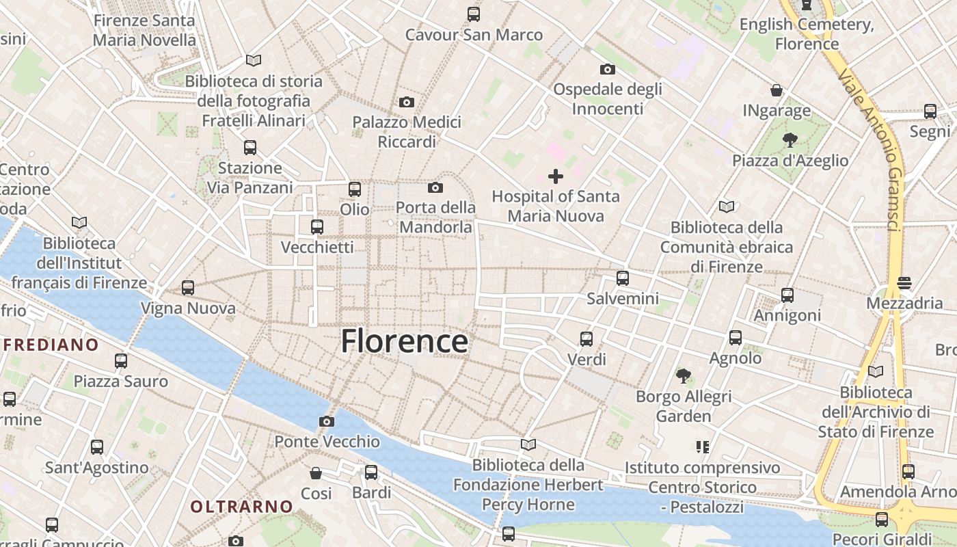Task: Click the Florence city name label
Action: (404, 341)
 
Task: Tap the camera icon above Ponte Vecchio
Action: (327, 421)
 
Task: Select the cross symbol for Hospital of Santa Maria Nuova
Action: (556, 176)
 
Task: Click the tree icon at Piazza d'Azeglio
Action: (790, 141)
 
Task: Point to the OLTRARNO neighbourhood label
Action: (241, 507)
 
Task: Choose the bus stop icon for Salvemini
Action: (622, 278)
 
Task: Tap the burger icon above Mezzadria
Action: (904, 282)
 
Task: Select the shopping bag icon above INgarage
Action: (777, 90)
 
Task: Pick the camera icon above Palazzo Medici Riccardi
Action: (407, 103)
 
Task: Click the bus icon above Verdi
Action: (586, 338)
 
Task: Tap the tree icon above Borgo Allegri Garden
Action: (683, 375)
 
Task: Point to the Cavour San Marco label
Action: (474, 34)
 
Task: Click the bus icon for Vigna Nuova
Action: (188, 288)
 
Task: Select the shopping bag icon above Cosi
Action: (316, 473)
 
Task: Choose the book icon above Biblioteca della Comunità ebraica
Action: (726, 206)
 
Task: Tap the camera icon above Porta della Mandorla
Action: (435, 187)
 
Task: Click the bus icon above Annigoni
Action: (787, 295)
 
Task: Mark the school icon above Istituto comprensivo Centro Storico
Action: (702, 447)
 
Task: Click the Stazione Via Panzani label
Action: (250, 177)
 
